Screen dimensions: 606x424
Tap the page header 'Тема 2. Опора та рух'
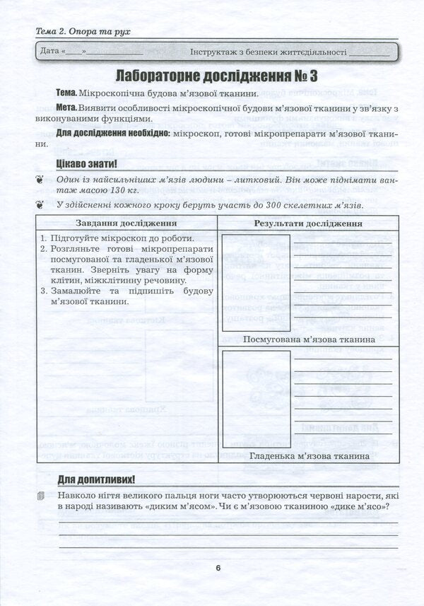pyautogui.click(x=83, y=32)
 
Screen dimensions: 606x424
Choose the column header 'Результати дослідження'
pyautogui.click(x=308, y=223)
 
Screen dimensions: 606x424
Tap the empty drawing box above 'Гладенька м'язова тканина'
pyautogui.click(x=256, y=399)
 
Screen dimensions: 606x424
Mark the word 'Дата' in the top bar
pyautogui.click(x=49, y=52)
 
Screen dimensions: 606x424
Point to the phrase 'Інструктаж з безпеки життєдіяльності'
pyautogui.click(x=269, y=52)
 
